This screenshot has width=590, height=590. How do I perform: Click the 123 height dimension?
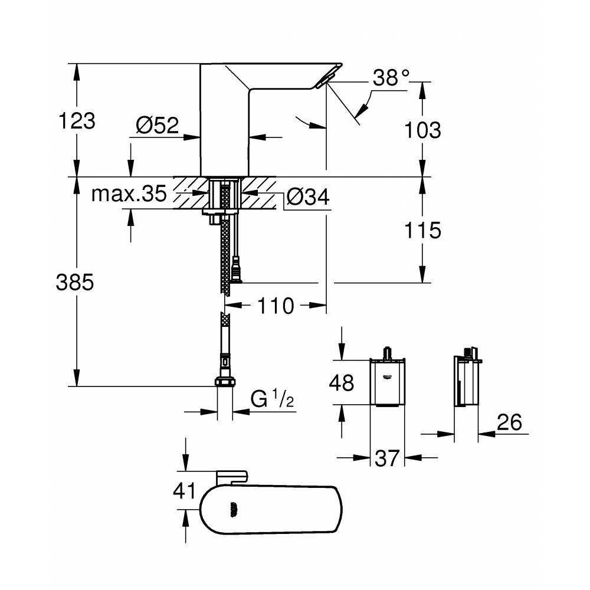(77, 121)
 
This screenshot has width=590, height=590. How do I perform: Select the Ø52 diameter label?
(157, 125)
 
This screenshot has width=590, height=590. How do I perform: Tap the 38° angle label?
(391, 78)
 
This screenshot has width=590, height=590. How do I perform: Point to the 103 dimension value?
(423, 129)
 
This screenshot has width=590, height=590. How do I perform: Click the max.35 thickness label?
(129, 195)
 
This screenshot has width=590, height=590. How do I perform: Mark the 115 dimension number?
(423, 230)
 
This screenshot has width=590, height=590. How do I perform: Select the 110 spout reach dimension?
(275, 306)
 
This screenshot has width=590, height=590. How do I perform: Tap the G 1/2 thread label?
(272, 399)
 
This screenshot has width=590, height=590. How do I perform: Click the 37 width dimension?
(387, 458)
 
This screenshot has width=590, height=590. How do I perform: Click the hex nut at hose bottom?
(224, 382)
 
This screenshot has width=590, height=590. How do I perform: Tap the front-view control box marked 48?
(387, 382)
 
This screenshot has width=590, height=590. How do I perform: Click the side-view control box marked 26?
(466, 382)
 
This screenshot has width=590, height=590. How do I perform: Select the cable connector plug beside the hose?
(237, 271)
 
